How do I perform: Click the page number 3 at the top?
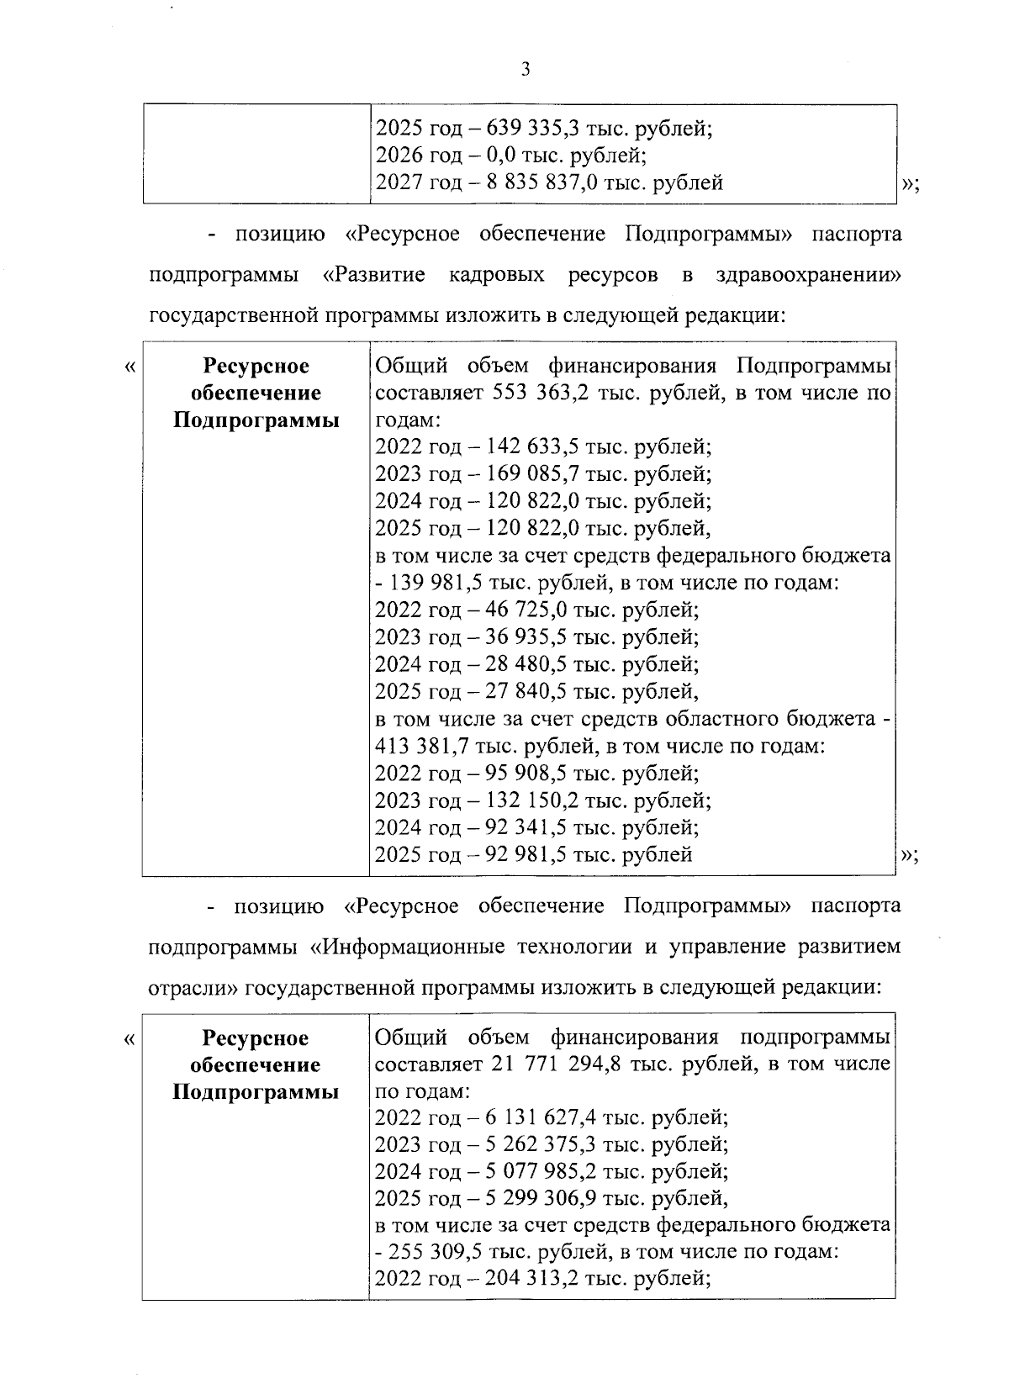[x=526, y=70]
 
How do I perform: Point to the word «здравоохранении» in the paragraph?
[x=806, y=275]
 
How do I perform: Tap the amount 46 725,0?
[x=524, y=610]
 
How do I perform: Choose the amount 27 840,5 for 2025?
[x=524, y=692]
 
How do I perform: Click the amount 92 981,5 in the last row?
[x=524, y=855]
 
